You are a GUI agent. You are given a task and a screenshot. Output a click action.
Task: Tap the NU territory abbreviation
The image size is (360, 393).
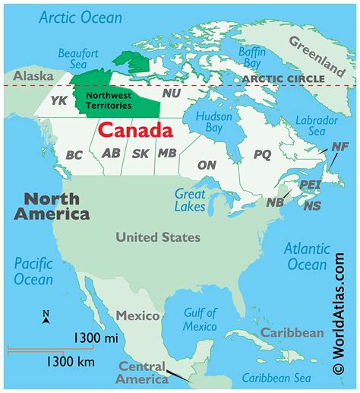pyautogui.click(x=172, y=93)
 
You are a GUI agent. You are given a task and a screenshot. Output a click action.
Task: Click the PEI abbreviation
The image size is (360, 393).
pyautogui.click(x=311, y=185)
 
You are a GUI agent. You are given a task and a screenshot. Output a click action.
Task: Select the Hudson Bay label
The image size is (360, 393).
pyautogui.click(x=213, y=123)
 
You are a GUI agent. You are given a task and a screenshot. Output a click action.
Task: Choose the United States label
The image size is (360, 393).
pyautogui.click(x=158, y=237)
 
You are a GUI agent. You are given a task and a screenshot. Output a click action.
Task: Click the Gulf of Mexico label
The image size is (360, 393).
pyautogui.click(x=201, y=319)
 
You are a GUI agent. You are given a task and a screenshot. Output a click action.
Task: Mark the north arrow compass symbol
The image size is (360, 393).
pyautogui.click(x=46, y=316)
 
